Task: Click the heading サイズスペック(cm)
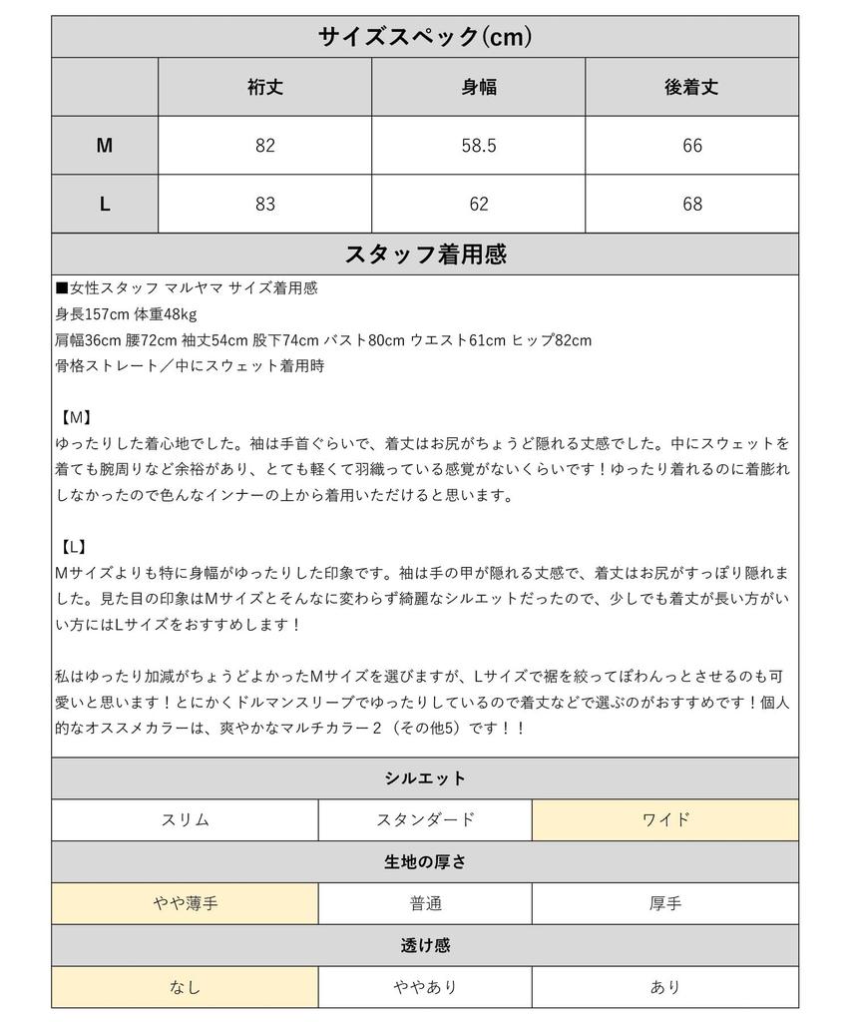[424, 37]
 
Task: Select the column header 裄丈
[264, 87]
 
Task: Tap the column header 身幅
[478, 87]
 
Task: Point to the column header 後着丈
[691, 87]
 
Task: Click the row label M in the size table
[105, 146]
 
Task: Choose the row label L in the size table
[105, 204]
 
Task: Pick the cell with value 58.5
[478, 146]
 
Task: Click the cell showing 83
[264, 204]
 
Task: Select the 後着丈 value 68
[691, 204]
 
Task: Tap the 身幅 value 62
[478, 204]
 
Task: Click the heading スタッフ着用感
[424, 254]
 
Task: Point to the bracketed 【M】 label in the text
[76, 416]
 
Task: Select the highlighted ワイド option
[665, 820]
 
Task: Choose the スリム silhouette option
[185, 820]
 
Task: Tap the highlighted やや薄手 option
[185, 904]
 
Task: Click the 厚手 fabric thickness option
[665, 904]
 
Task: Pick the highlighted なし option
[185, 987]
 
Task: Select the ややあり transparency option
[425, 987]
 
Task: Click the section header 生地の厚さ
[424, 862]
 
